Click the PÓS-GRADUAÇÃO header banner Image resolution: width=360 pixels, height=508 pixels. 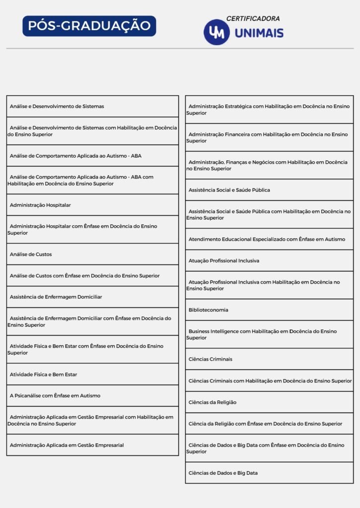point(89,26)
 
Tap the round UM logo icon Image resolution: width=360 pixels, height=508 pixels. point(216,32)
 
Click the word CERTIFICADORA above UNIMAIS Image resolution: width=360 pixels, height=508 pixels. point(253,18)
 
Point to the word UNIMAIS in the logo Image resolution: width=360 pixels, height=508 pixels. point(259,33)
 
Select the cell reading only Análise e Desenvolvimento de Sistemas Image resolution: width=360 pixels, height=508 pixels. point(92,106)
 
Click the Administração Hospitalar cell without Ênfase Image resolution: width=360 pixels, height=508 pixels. point(92,205)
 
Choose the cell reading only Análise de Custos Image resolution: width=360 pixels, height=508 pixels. point(92,254)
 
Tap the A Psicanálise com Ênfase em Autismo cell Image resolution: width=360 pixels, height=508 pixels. point(92,395)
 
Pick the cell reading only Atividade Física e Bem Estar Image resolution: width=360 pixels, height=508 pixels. point(92,374)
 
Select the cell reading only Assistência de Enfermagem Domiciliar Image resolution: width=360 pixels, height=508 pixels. point(92,297)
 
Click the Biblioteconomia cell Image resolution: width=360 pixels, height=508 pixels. point(269,310)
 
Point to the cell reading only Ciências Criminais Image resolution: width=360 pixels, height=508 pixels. point(269,359)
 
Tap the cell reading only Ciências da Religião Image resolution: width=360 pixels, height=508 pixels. point(269,402)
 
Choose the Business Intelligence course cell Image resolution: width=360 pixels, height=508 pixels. point(269,334)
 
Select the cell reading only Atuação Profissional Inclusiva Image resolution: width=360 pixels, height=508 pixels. point(269,260)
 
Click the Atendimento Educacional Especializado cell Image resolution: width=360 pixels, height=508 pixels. point(269,239)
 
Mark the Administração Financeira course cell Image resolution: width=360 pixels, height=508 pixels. point(269,137)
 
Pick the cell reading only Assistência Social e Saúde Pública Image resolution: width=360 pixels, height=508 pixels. point(269,190)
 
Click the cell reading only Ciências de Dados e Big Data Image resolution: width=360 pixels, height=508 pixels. point(269,473)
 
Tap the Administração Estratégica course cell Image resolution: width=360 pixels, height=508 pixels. point(269,110)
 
